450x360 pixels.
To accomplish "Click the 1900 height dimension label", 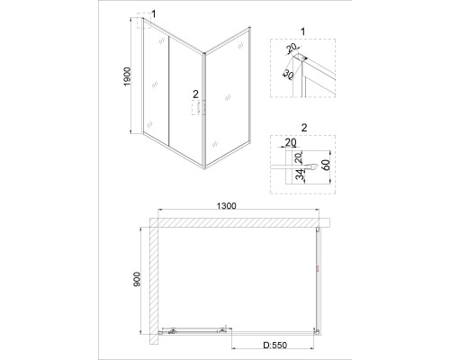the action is coord(128,76).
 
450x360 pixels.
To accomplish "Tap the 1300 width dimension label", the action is coord(227,206).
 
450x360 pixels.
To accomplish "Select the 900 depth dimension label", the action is coord(137,279).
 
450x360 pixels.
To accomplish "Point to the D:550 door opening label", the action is coord(275,346).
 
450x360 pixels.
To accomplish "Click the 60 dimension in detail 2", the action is coord(326,165).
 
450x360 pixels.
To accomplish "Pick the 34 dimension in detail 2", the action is coord(300,175).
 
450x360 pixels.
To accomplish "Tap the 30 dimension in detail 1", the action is coord(288,75).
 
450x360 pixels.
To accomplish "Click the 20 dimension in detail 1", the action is coord(291,48).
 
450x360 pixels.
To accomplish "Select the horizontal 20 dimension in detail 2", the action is coord(290,142).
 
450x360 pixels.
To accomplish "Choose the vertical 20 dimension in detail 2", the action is coord(300,158).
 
